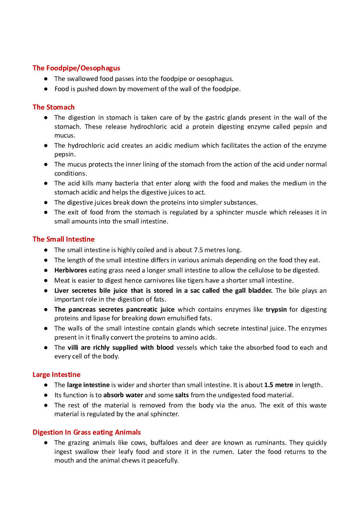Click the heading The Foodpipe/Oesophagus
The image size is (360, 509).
pyautogui.click(x=76, y=68)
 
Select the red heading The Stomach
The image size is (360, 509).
pyautogui.click(x=54, y=107)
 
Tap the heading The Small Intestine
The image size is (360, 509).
pyautogui.click(x=63, y=239)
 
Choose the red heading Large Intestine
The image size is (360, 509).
pyautogui.click(x=57, y=375)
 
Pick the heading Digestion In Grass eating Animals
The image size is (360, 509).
pyautogui.click(x=87, y=432)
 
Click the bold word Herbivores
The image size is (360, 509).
pyautogui.click(x=71, y=270)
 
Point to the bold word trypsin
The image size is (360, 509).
pyautogui.click(x=276, y=309)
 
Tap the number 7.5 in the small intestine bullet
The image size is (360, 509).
pyautogui.click(x=198, y=250)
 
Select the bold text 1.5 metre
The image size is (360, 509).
pyautogui.click(x=278, y=385)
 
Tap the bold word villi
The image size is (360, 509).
pyautogui.click(x=73, y=348)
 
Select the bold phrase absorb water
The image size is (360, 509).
pyautogui.click(x=123, y=395)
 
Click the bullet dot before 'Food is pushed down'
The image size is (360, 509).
pyautogui.click(x=46, y=89)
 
